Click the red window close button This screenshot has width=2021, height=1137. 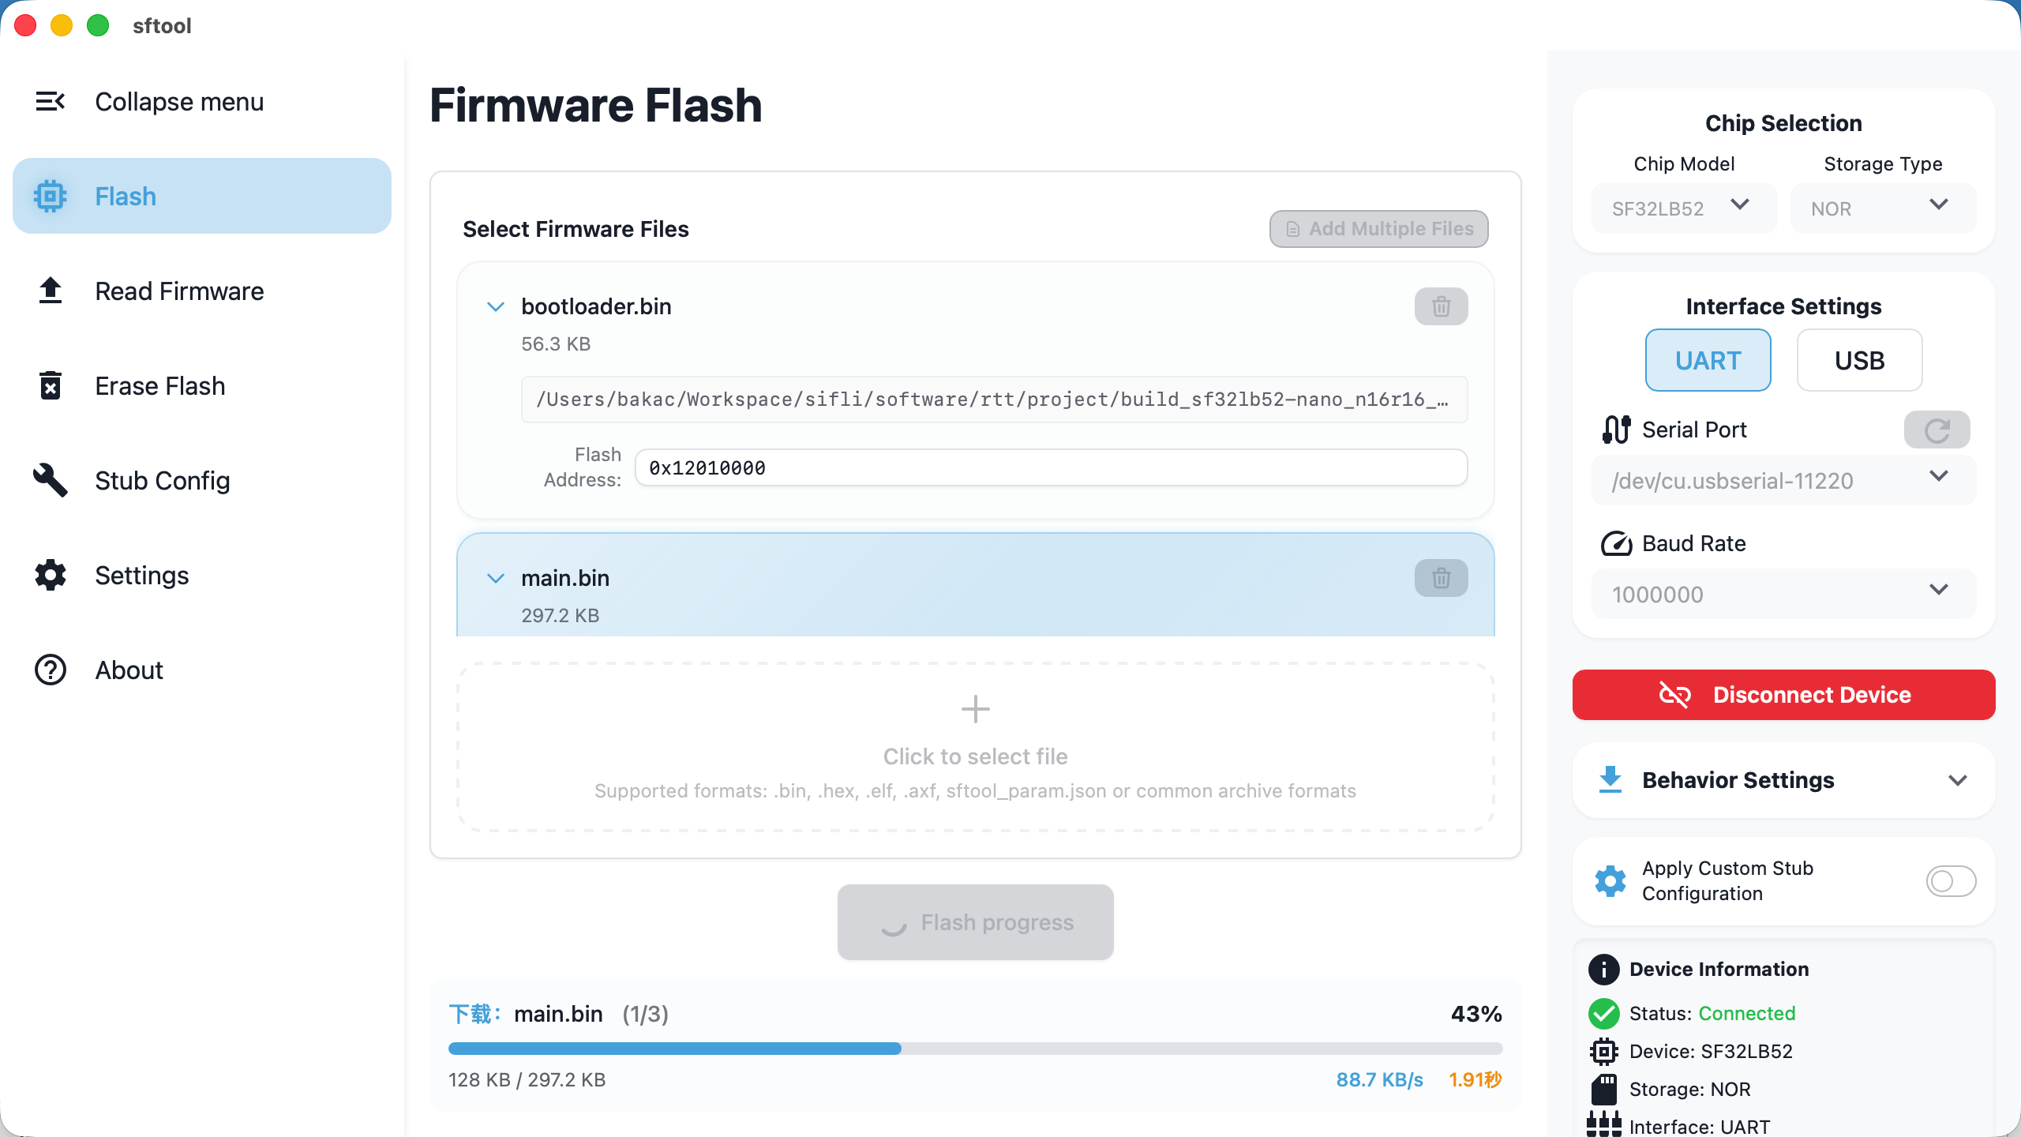pyautogui.click(x=25, y=25)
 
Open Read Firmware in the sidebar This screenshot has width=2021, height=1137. pyautogui.click(x=179, y=291)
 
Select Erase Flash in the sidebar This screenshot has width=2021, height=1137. pyautogui.click(x=159, y=386)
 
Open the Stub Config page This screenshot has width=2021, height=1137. pyautogui.click(x=162, y=481)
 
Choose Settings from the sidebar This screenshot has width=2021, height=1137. pyautogui.click(x=141, y=576)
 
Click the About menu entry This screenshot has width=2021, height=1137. pyautogui.click(x=129, y=670)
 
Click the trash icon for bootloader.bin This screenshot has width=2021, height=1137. pyautogui.click(x=1441, y=306)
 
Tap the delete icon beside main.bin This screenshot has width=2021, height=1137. pyautogui.click(x=1441, y=578)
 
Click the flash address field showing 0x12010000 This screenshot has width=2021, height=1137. pyautogui.click(x=1050, y=468)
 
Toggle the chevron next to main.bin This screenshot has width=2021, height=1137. pyautogui.click(x=496, y=578)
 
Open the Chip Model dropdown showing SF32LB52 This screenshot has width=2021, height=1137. pyautogui.click(x=1683, y=208)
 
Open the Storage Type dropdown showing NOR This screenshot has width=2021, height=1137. pyautogui.click(x=1882, y=208)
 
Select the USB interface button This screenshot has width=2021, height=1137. pyautogui.click(x=1859, y=361)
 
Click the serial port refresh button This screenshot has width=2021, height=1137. pyautogui.click(x=1937, y=430)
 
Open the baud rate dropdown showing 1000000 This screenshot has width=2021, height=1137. pyautogui.click(x=1783, y=594)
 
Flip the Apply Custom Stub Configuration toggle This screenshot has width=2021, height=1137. pyautogui.click(x=1950, y=881)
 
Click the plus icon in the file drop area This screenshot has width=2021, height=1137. pyautogui.click(x=975, y=709)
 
